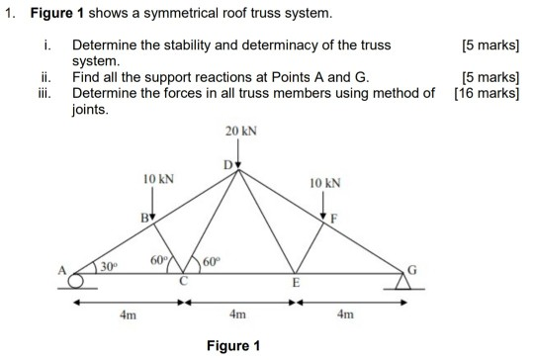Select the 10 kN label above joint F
pos(323,185)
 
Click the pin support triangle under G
pos(400,283)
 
